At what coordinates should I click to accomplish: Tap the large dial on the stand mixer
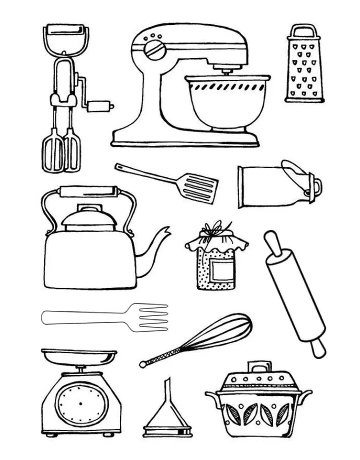pos(153,49)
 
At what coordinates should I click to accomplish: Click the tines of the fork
pos(152,316)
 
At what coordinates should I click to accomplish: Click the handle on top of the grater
pos(304,31)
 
